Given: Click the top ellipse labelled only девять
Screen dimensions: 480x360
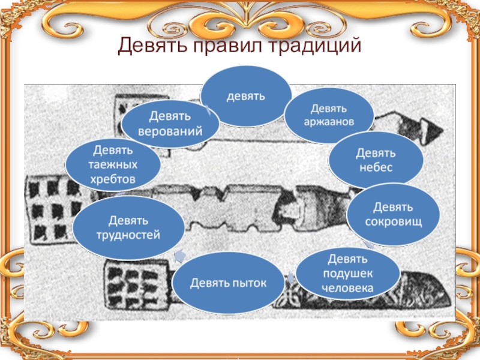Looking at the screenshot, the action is [x=246, y=96].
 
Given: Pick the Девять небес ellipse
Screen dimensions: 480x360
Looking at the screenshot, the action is [x=376, y=160].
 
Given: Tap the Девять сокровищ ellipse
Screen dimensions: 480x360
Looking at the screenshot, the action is [x=394, y=214].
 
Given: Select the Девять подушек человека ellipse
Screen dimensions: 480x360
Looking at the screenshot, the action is [x=348, y=274].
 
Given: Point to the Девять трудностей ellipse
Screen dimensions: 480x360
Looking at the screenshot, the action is [x=128, y=228].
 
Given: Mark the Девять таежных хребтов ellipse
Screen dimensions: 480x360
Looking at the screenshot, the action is [x=113, y=163].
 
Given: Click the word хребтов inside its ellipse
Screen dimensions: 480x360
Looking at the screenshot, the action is [x=114, y=179].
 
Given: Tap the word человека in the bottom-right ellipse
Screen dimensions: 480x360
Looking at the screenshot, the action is [x=348, y=289].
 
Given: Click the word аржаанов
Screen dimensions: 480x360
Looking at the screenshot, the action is [x=328, y=122].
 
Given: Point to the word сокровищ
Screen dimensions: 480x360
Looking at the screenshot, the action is [x=394, y=221].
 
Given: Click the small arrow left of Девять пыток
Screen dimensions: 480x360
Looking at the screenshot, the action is [x=178, y=257].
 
